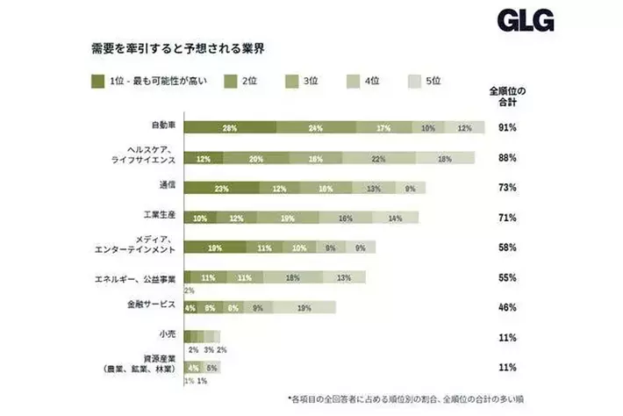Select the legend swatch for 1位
pyautogui.click(x=97, y=81)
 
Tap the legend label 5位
pyautogui.click(x=433, y=81)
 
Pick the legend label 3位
pyautogui.click(x=311, y=81)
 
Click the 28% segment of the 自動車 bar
pyautogui.click(x=230, y=128)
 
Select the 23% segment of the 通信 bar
pyautogui.click(x=222, y=188)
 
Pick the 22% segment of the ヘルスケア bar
pyautogui.click(x=379, y=158)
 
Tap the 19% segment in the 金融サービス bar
pyautogui.click(x=304, y=307)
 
